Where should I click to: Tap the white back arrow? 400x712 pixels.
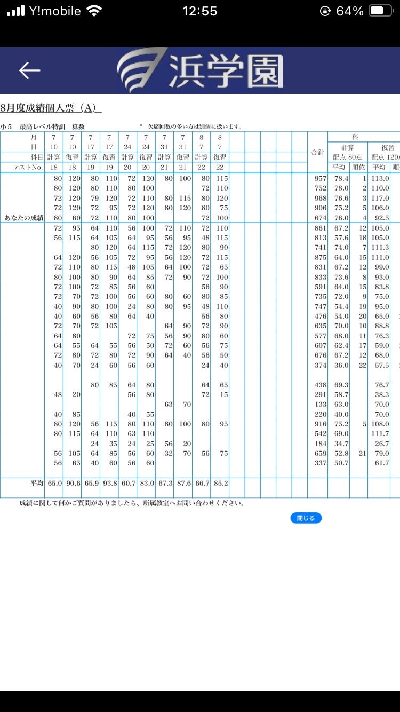tap(29, 70)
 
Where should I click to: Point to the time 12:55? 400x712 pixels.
tap(200, 11)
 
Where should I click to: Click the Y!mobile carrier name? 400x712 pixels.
tap(55, 11)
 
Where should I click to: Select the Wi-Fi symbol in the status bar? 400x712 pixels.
tap(94, 11)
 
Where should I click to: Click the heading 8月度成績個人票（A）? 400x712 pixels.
tap(50, 108)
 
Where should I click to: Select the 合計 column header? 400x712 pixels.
tap(317, 152)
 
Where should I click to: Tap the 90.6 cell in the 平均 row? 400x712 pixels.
tap(72, 484)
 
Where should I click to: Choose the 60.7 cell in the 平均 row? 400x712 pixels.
tap(127, 484)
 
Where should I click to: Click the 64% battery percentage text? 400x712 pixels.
tap(350, 11)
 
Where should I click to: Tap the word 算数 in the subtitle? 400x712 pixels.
tap(78, 127)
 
